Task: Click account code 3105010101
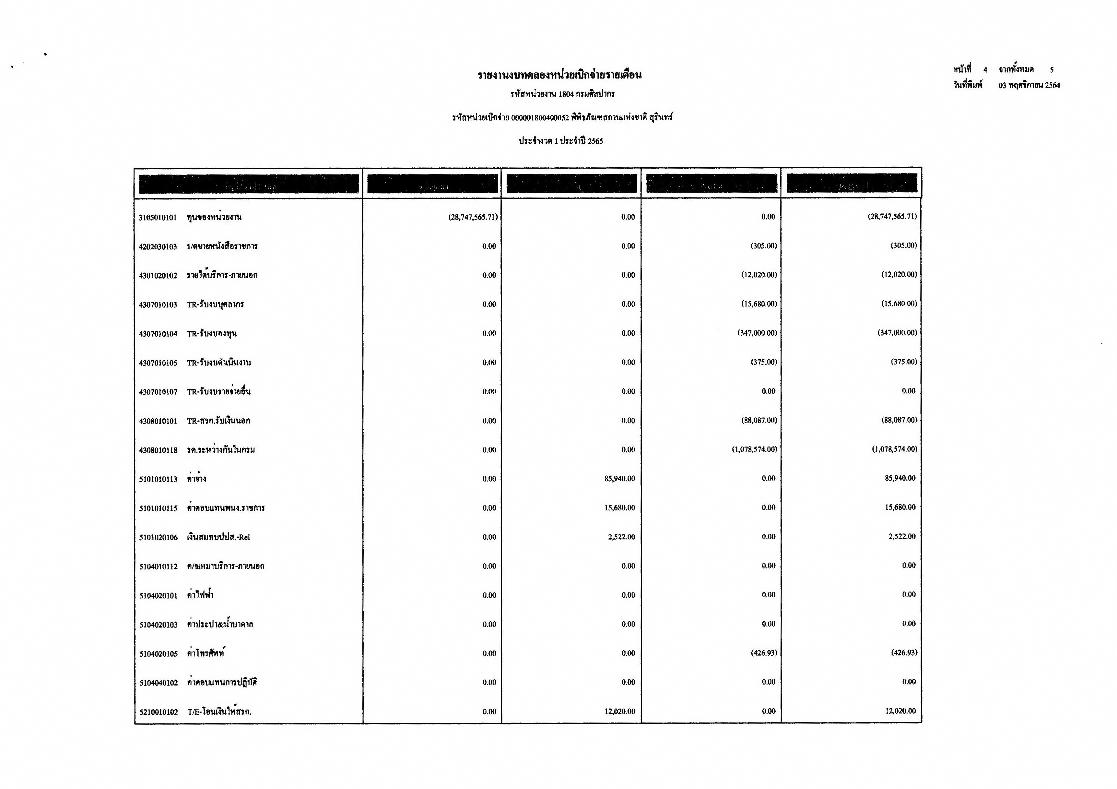click(x=158, y=218)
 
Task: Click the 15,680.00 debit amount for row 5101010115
click(x=619, y=508)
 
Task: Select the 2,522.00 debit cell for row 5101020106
click(x=621, y=537)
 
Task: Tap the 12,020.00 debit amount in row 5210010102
click(x=619, y=711)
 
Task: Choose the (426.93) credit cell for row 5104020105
click(x=764, y=653)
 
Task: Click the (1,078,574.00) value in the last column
click(x=894, y=449)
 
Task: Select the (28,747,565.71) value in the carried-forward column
click(x=473, y=217)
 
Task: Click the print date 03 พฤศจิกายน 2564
click(x=1029, y=86)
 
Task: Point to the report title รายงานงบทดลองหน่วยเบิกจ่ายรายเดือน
click(x=559, y=75)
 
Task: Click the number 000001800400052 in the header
click(x=540, y=118)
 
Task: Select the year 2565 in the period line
click(x=595, y=141)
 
